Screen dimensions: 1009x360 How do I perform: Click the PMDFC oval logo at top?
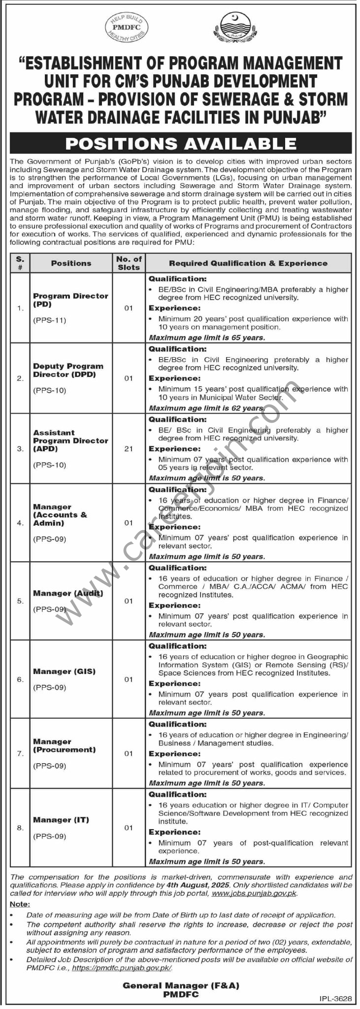coord(127,28)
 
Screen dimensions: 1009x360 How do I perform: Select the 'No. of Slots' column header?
coord(129,263)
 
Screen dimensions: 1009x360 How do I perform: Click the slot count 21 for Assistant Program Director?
coord(129,449)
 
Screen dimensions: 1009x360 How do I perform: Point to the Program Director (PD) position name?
coord(70,300)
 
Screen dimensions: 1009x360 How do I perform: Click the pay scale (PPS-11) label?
coord(50,320)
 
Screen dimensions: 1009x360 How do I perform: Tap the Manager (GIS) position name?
coord(64,672)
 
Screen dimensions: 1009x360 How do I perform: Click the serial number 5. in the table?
coord(20,601)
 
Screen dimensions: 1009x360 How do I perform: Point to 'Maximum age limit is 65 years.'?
coord(207,338)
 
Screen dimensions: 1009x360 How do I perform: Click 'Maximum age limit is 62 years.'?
coord(207,408)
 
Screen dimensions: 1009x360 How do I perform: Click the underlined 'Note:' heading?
coord(20,904)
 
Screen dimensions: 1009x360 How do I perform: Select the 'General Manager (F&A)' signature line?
coord(181,986)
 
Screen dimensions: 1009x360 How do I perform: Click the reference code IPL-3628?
coord(335,999)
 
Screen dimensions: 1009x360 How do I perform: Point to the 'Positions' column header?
coord(71,263)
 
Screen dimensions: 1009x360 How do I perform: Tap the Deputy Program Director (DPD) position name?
coord(68,370)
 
